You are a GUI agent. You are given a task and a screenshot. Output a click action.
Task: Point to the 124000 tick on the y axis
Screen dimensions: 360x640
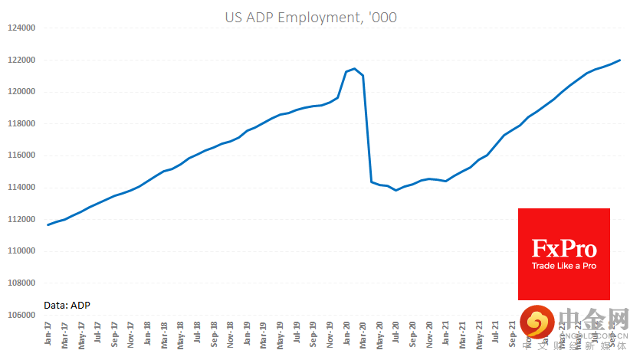pos(21,28)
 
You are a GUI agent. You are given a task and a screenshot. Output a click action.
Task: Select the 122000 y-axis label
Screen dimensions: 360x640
pos(21,60)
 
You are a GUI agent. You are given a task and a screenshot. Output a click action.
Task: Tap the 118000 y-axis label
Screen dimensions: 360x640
pos(21,124)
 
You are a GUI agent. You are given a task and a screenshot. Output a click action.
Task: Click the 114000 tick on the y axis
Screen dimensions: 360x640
pos(21,188)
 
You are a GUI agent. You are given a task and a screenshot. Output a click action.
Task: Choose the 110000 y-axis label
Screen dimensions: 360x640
pos(21,251)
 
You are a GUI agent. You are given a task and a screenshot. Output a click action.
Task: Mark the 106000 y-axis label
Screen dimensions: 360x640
pos(21,315)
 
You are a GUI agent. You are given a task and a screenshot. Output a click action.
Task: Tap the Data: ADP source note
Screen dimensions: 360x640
pos(67,305)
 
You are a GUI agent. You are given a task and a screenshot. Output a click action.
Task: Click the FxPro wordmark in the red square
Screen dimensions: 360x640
pos(564,247)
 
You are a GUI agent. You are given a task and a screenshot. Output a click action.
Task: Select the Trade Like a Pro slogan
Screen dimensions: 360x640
pos(564,266)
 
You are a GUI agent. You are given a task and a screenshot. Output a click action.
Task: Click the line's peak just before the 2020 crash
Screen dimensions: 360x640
pos(354,69)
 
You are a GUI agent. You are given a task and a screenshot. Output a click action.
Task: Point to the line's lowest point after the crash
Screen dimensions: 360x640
pos(395,190)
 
